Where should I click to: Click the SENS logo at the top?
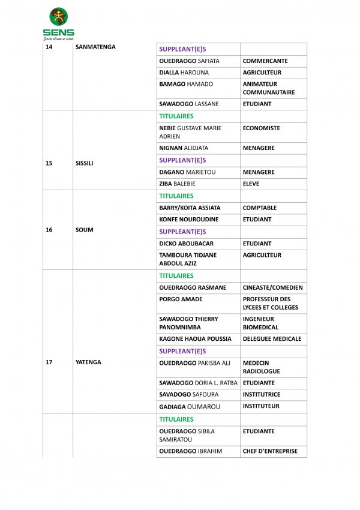point(58,23)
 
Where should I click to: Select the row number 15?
point(49,163)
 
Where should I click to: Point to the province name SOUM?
point(85,230)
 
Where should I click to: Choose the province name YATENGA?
point(88,362)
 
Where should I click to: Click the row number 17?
point(49,362)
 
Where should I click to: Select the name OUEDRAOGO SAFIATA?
point(189,61)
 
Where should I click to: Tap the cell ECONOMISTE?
point(261,128)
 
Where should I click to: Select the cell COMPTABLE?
point(260,208)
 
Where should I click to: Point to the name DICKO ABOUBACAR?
point(186,244)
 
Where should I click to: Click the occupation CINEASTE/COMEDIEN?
point(272,287)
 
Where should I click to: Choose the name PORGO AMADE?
point(181,299)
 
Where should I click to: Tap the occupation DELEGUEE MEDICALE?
point(272,339)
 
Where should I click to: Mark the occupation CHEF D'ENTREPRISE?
point(270,451)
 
